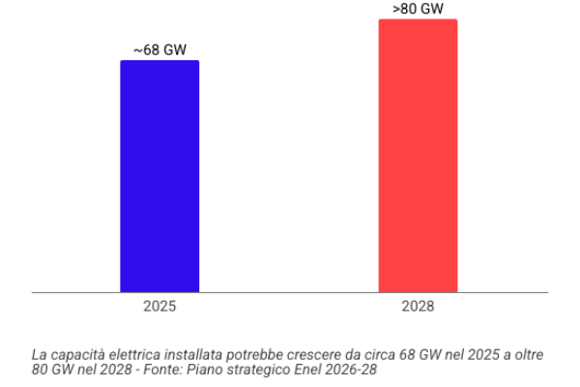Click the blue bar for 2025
tap(159, 176)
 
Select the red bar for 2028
tap(418, 155)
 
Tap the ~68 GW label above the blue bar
tap(159, 50)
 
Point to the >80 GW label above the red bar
tap(418, 9)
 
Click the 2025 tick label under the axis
tap(159, 307)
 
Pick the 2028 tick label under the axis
tap(418, 307)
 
